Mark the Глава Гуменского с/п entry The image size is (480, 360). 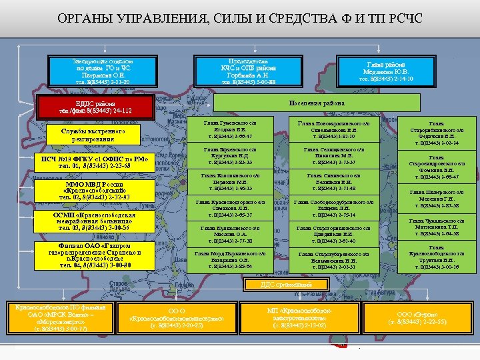pyautogui.click(x=230, y=130)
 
